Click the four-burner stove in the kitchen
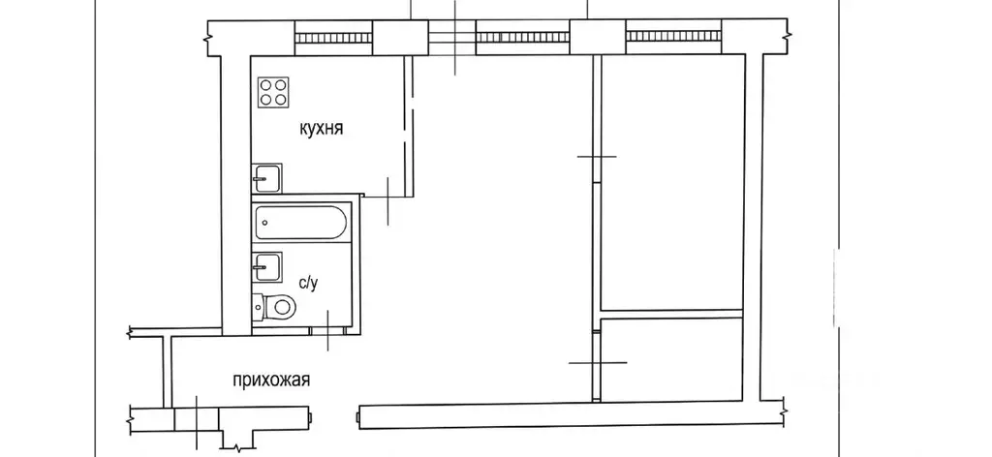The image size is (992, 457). click(x=273, y=92)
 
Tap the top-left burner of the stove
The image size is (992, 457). click(x=266, y=84)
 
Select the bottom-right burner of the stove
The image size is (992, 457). click(x=281, y=99)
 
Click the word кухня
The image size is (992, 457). click(x=322, y=129)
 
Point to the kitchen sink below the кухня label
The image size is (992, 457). click(x=267, y=178)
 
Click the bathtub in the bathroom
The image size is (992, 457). click(x=301, y=223)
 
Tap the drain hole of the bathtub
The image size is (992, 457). click(x=264, y=223)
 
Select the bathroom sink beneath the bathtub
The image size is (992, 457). click(x=267, y=266)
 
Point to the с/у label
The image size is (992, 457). click(x=307, y=283)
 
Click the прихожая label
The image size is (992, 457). click(x=271, y=381)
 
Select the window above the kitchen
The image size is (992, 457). click(x=333, y=38)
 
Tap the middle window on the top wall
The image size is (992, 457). click(x=522, y=38)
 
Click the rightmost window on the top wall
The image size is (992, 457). click(x=674, y=38)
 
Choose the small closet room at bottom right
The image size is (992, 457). click(x=672, y=359)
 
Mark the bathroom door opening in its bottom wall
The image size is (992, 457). click(x=327, y=330)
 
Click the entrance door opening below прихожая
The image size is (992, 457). click(x=197, y=419)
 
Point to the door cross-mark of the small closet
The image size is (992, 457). click(x=598, y=363)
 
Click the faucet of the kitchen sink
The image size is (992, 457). click(x=260, y=179)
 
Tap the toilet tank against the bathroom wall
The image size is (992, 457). click(x=257, y=308)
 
